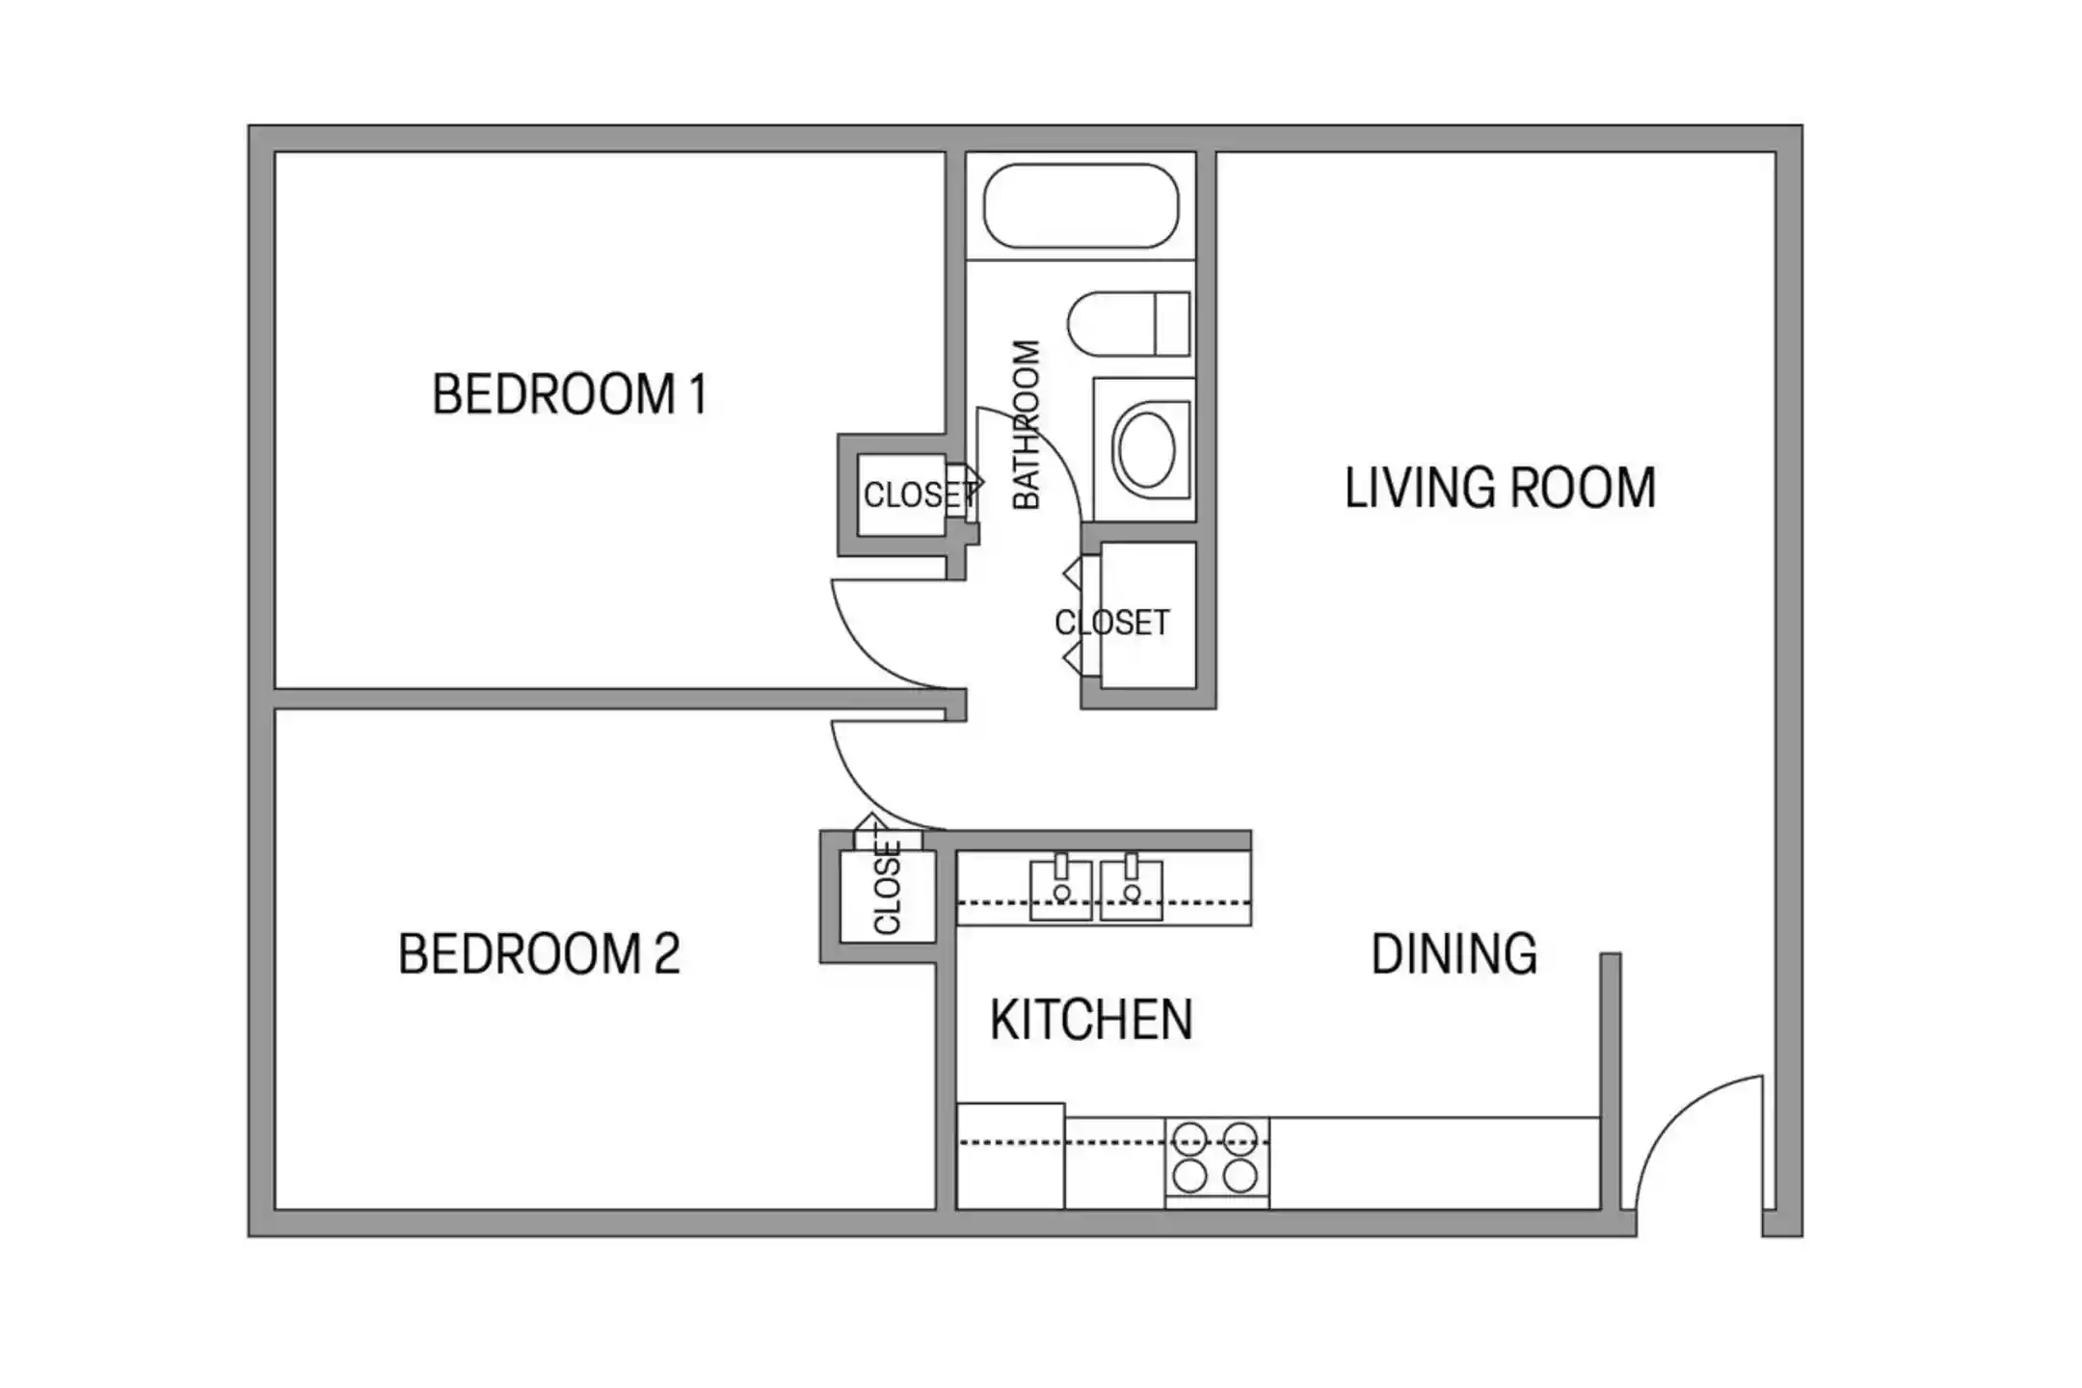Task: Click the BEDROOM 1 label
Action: point(570,394)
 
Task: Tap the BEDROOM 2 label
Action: point(539,953)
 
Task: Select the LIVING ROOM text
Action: point(1500,488)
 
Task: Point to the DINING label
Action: point(1454,954)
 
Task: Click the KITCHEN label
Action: point(1091,1020)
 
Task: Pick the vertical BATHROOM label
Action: point(1027,424)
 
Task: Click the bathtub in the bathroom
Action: point(1081,205)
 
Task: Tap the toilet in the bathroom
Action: point(1129,324)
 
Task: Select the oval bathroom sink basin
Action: point(1145,450)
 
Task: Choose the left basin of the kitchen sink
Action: point(1060,890)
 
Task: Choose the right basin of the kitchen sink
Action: point(1131,890)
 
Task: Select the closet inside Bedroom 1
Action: point(901,494)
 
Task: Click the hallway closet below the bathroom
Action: point(1148,615)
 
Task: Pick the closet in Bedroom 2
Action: point(888,897)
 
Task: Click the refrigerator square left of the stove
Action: point(1010,1156)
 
